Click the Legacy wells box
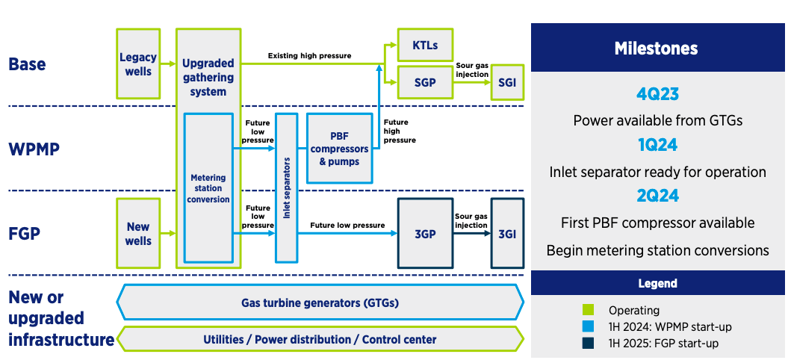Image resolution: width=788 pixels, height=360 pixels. [x=138, y=64]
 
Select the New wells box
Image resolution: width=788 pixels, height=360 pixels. [x=138, y=234]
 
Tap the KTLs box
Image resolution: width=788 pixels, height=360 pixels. [x=424, y=46]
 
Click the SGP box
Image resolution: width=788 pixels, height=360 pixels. [x=424, y=82]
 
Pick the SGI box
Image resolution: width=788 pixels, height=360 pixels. [x=507, y=83]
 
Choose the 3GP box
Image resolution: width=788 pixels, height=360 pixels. [x=425, y=233]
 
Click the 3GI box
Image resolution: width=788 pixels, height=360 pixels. [x=507, y=233]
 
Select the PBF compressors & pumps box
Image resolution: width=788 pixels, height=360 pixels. [x=340, y=149]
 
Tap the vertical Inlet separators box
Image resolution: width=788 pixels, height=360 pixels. [x=286, y=187]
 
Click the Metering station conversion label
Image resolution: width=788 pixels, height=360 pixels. [x=208, y=189]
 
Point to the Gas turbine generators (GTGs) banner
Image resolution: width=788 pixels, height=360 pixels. [x=320, y=303]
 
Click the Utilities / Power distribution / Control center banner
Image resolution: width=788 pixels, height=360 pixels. [x=320, y=339]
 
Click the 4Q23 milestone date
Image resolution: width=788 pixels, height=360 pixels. [x=657, y=95]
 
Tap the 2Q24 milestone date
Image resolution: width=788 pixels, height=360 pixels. [x=657, y=197]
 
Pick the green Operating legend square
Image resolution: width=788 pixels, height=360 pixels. [x=588, y=310]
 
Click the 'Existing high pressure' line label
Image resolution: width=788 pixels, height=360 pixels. [x=309, y=56]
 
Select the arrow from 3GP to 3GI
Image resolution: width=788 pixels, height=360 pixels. [x=471, y=233]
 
